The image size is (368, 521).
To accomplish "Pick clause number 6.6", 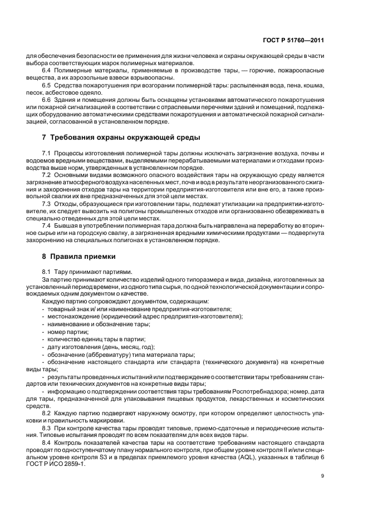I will point(47,99).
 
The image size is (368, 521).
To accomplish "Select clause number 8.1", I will point(47,271).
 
